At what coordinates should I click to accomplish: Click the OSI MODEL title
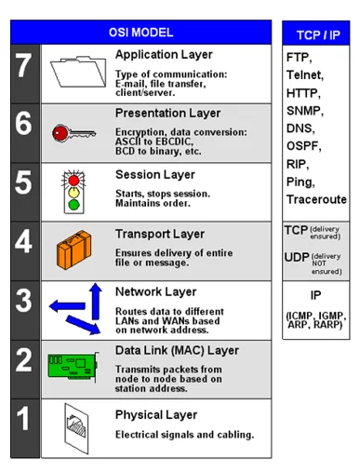coord(140,33)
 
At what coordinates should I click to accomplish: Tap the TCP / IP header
coord(318,35)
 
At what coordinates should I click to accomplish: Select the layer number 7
coord(24,65)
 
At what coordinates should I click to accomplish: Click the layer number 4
coord(23,241)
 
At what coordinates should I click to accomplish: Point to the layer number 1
coord(23,418)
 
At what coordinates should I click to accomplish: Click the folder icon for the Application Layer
coord(78,72)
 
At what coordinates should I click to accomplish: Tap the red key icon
coord(73,133)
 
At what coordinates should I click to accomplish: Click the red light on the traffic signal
coord(73,181)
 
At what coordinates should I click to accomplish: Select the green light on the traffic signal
coord(73,205)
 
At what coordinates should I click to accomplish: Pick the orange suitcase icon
coord(74,250)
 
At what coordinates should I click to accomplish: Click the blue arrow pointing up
coord(96,301)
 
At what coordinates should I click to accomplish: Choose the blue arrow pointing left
coord(67,306)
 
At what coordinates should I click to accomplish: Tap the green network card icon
coord(73,366)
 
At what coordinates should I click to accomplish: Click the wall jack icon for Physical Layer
coord(76,428)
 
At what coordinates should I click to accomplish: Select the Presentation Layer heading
coord(167,114)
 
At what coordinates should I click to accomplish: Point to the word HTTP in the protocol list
coord(301,93)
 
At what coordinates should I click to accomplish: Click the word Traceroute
coord(316,199)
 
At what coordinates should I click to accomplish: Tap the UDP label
coord(297,257)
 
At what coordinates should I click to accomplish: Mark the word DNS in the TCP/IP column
coord(299,128)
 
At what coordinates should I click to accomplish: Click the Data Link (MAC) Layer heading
coord(177,350)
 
